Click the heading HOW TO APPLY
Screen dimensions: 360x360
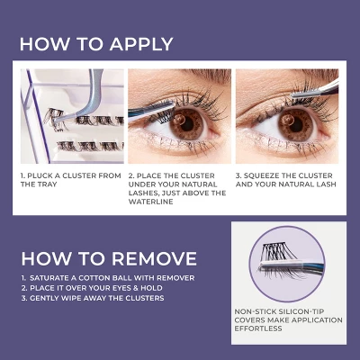click(x=96, y=44)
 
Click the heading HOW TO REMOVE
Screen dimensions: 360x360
click(x=108, y=257)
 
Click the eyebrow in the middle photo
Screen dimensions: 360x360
click(x=189, y=77)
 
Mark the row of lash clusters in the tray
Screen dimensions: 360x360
click(x=81, y=143)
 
